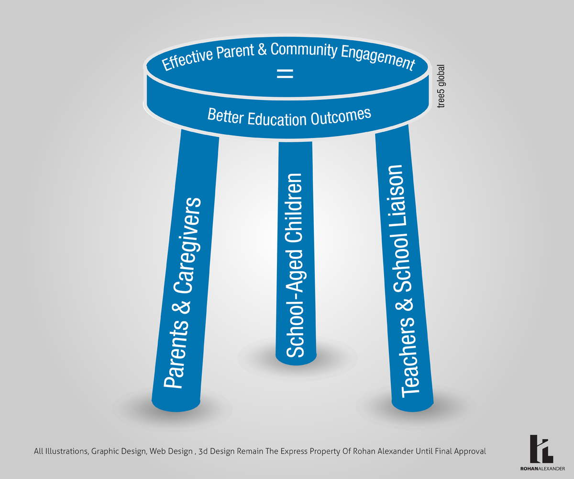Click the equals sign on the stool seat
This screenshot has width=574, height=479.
[x=285, y=75]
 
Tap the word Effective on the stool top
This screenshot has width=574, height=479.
[x=184, y=62]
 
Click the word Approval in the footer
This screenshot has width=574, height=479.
[x=468, y=451]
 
